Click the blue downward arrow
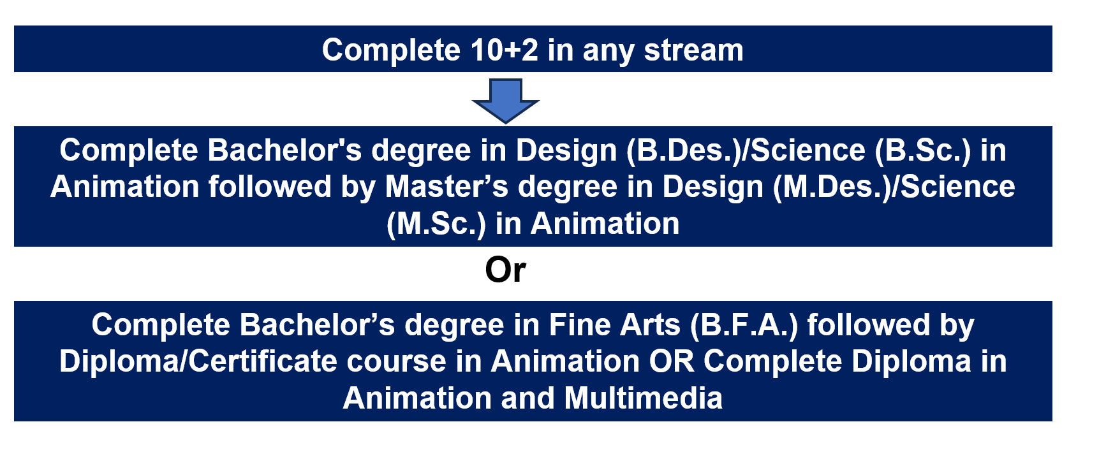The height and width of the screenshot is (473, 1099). point(506,101)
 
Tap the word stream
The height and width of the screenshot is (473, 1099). point(693,50)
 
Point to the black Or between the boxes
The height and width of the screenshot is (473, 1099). point(505,270)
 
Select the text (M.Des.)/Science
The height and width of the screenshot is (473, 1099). point(894,187)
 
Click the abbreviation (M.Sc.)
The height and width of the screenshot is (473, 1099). point(436,224)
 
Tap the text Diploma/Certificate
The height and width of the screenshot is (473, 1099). point(198,361)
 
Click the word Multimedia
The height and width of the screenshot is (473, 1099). point(643,398)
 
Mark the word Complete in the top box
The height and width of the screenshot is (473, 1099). point(391,50)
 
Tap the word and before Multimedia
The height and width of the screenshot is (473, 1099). point(527,398)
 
